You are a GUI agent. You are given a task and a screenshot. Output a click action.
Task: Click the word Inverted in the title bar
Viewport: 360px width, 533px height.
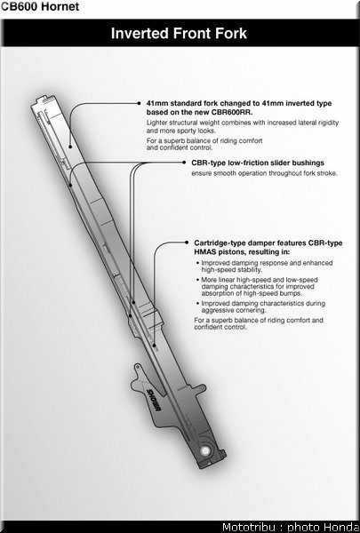click(x=140, y=34)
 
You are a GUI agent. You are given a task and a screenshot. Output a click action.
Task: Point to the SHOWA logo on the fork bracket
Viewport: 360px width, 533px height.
click(x=154, y=400)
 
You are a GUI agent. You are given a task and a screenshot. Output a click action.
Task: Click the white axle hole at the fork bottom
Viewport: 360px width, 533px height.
click(x=205, y=450)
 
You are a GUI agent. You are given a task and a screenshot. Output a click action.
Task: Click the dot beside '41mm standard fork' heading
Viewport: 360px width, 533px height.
click(x=139, y=103)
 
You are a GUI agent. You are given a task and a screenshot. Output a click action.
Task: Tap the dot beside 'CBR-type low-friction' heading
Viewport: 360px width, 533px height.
click(x=184, y=163)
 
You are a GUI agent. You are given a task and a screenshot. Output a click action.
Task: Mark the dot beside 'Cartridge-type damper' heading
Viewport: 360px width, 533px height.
click(x=187, y=243)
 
